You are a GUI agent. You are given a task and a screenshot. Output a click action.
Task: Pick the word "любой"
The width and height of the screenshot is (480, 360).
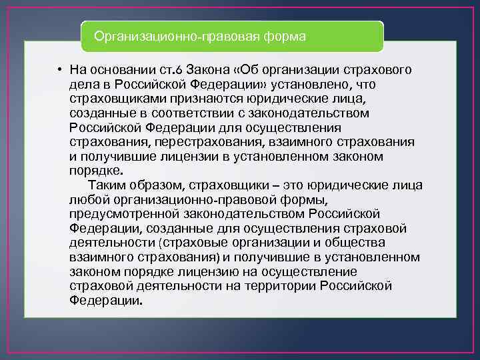coord(86,199)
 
